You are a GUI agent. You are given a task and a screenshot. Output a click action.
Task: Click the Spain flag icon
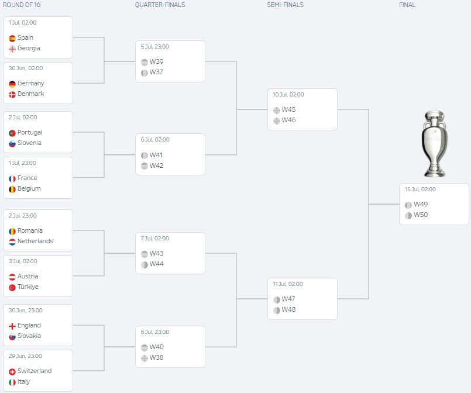[12, 39]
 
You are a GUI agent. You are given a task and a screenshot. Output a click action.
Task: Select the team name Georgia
[29, 48]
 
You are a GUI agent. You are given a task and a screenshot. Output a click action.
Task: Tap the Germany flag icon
[12, 84]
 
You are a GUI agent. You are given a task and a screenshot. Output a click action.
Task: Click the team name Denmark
[30, 94]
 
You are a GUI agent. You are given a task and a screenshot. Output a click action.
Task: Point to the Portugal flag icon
[12, 133]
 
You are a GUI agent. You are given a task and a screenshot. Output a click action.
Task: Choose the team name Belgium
[29, 188]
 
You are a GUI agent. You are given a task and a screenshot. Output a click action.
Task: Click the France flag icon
[12, 179]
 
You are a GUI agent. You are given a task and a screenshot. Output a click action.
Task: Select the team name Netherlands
[35, 241]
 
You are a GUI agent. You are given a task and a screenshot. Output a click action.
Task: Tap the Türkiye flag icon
[12, 288]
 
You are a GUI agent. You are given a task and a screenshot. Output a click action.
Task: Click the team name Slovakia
[29, 336]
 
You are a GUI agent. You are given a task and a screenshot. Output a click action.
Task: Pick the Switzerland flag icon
[12, 372]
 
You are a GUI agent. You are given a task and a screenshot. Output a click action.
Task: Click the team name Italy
[23, 381]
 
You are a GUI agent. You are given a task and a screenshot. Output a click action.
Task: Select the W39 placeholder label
[156, 61]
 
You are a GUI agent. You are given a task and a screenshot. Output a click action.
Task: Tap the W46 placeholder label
[288, 120]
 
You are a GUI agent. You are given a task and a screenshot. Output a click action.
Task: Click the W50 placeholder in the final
[421, 215]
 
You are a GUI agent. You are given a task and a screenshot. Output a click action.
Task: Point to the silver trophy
[434, 143]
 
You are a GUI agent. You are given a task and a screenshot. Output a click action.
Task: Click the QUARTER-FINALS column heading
[160, 5]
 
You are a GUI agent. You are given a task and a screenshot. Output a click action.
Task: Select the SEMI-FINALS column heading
[285, 5]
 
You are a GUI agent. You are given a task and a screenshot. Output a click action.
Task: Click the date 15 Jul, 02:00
[420, 189]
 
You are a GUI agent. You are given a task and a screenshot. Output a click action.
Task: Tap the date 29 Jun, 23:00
[25, 356]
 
